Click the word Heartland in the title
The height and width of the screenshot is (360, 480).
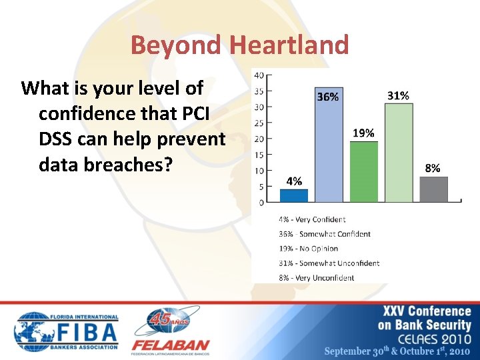pos(289,45)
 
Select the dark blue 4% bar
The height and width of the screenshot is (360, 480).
pos(294,195)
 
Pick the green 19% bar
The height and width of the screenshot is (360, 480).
pos(363,171)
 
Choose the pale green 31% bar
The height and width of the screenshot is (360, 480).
pos(399,153)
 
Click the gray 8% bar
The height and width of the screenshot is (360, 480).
pos(433,189)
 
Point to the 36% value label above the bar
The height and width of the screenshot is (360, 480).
pos(327,97)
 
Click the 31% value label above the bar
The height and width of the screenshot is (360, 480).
pos(398,96)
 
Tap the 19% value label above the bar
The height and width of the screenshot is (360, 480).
pos(363,133)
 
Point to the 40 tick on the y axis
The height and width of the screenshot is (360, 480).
pos(259,75)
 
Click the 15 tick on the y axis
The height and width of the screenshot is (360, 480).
pos(259,154)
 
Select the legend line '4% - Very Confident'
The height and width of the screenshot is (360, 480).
pos(312,219)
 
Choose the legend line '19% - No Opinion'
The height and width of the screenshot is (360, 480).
pos(309,249)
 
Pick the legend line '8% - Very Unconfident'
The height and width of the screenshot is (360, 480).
pos(316,278)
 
